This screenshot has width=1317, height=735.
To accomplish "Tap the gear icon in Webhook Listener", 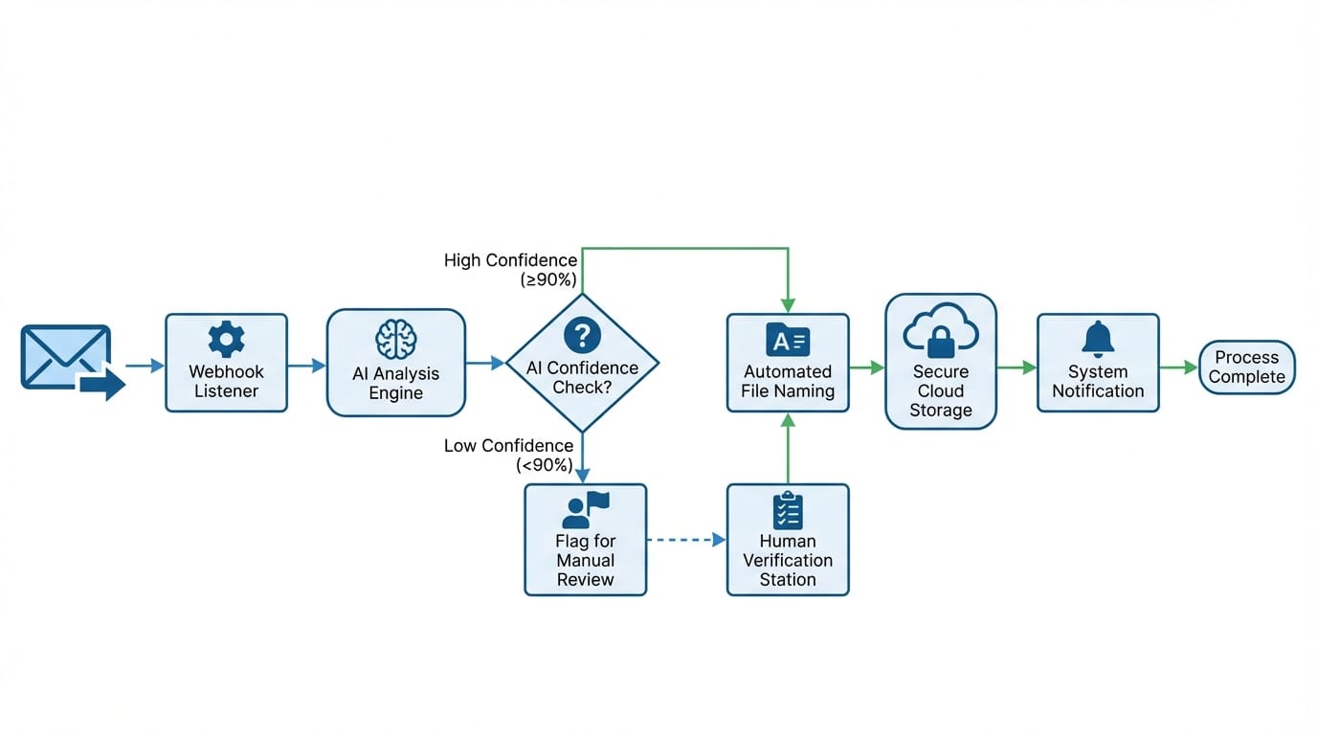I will pos(226,340).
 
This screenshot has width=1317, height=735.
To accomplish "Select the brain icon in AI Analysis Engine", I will pos(395,340).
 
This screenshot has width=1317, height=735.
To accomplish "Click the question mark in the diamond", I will pos(582,335).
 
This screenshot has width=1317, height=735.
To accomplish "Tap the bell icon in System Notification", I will pos(1098,339).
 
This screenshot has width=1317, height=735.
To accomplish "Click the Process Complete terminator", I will pos(1246,367).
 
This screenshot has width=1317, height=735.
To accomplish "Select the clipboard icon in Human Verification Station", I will pos(787,511).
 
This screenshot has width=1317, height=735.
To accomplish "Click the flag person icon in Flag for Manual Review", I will pos(585,510).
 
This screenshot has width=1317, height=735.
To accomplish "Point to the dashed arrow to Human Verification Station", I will pos(685,540).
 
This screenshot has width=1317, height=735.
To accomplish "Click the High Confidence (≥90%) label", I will pos(511,270).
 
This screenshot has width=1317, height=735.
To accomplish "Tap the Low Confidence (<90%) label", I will pos(509,456).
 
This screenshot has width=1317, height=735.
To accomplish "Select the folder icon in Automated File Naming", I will pos(787,340).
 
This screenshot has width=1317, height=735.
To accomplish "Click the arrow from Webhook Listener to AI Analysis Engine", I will pos(306,365).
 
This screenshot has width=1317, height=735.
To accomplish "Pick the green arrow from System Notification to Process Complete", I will pos(1178,367).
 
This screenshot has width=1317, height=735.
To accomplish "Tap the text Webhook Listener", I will pos(226,381).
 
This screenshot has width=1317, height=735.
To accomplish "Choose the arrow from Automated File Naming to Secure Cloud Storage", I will pos(866,367).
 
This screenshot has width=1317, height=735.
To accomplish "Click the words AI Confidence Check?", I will pos(582,378).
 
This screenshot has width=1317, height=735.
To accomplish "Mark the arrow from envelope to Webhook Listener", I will pos(145,365).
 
